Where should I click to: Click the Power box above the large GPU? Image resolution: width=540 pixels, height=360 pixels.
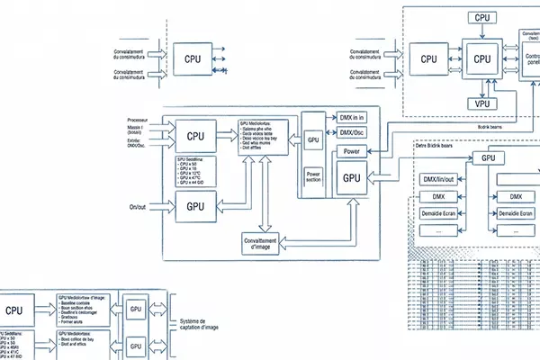click(x=351, y=151)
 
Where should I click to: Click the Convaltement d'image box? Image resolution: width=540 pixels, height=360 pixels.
click(x=260, y=244)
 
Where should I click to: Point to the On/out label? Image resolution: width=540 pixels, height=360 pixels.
click(x=137, y=208)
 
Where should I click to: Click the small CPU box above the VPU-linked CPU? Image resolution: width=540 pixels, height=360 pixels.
click(x=483, y=17)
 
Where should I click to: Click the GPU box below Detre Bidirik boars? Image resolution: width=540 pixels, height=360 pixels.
click(x=489, y=158)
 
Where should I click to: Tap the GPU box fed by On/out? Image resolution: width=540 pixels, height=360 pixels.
click(x=195, y=206)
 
